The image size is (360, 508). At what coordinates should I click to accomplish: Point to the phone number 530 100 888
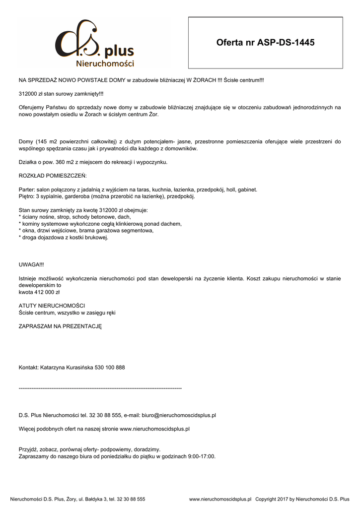tap(110, 368)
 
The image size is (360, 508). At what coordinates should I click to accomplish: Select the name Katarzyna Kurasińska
tap(67, 368)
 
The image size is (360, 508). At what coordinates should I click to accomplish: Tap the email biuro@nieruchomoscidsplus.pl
tap(179, 415)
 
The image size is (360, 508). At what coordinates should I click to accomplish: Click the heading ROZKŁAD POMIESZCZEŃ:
tap(53, 176)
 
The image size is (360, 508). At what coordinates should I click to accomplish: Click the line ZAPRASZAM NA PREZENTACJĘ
tap(60, 326)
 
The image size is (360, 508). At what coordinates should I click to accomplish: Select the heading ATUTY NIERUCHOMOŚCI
tap(52, 306)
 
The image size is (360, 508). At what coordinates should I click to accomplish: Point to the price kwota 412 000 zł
tap(39, 293)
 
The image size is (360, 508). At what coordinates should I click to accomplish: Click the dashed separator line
tap(100, 387)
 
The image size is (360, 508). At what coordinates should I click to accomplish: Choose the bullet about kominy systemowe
tap(100, 224)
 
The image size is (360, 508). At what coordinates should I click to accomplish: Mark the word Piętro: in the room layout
tap(27, 196)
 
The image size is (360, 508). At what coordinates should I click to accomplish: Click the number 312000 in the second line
tap(28, 93)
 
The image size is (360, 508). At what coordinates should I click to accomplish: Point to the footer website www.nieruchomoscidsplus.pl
tap(220, 499)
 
